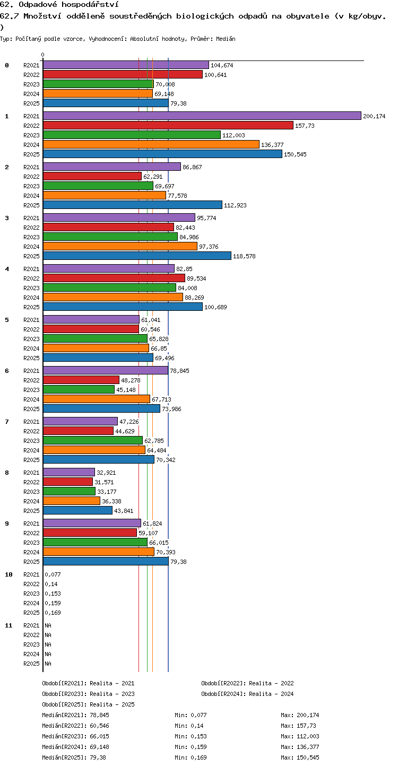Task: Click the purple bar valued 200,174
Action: pyautogui.click(x=202, y=116)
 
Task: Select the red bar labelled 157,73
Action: pyautogui.click(x=168, y=125)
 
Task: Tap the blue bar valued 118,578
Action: pyautogui.click(x=137, y=256)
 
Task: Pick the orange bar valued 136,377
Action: pyautogui.click(x=151, y=144)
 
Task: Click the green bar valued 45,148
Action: pyautogui.click(x=79, y=389)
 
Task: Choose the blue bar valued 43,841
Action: pyautogui.click(x=78, y=510)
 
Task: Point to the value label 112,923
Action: pyautogui.click(x=235, y=205)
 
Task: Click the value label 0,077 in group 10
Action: pyautogui.click(x=53, y=574)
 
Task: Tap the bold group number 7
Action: pyautogui.click(x=7, y=422)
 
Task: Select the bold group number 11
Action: pyautogui.click(x=8, y=625)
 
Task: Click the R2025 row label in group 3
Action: pyautogui.click(x=31, y=256)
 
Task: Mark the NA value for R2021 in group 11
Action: pyautogui.click(x=48, y=625)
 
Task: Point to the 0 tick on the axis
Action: pyautogui.click(x=43, y=55)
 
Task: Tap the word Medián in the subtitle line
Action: pyautogui.click(x=226, y=39)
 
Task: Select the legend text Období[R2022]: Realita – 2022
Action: pyautogui.click(x=247, y=683)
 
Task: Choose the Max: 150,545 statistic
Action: pyautogui.click(x=300, y=757)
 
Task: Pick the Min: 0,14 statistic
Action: pyautogui.click(x=189, y=726)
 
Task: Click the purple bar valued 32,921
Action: pyautogui.click(x=69, y=472)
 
